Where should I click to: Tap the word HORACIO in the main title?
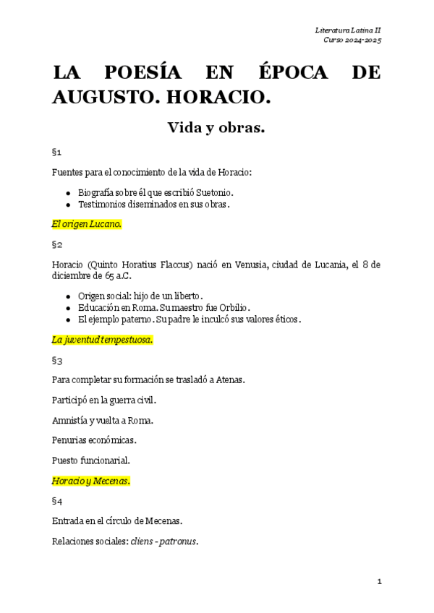coord(221,96)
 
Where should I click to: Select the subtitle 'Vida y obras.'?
coord(216,129)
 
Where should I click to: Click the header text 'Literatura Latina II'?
coord(348,30)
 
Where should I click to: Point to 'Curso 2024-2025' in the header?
coord(352,40)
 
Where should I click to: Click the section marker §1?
coord(57,153)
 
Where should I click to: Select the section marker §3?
coord(57,360)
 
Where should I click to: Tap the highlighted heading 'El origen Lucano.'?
coord(87,224)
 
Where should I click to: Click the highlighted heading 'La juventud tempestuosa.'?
coord(102,340)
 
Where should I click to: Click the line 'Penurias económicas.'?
coord(94,440)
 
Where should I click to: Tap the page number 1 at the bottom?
coord(378,581)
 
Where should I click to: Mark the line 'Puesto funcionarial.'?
coord(91,460)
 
